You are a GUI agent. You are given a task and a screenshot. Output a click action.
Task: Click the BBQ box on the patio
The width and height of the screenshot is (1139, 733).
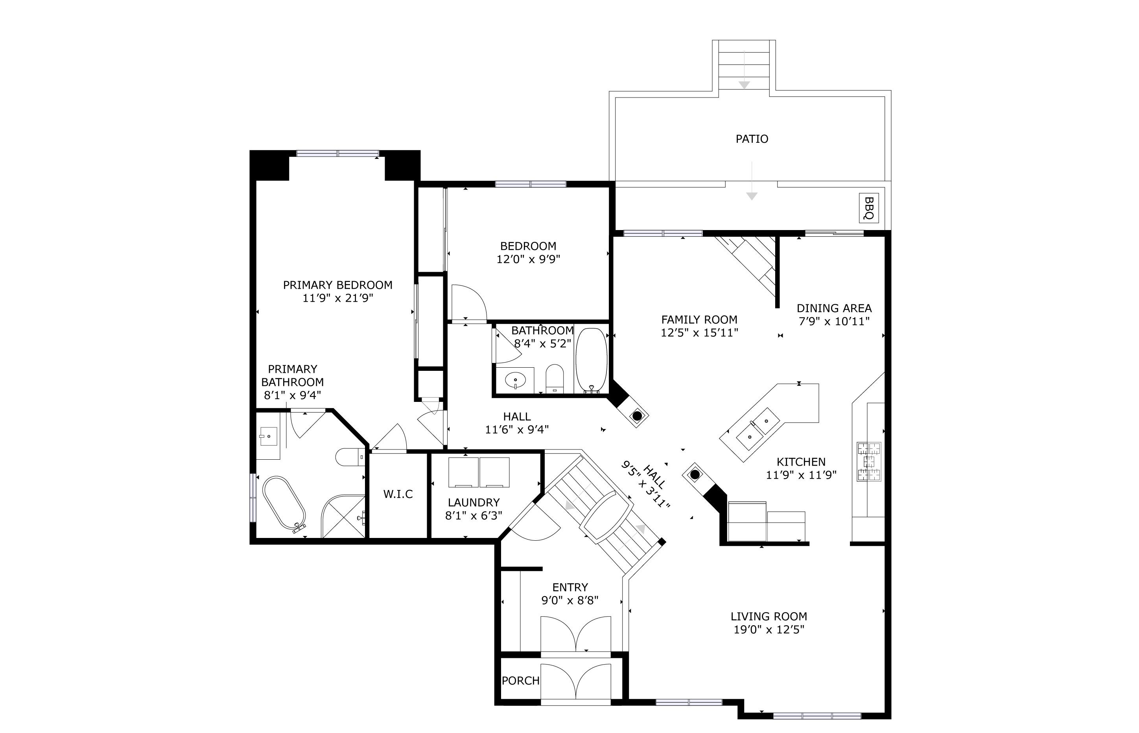pyautogui.click(x=869, y=208)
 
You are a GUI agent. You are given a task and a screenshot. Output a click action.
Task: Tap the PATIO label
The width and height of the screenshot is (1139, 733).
pyautogui.click(x=752, y=139)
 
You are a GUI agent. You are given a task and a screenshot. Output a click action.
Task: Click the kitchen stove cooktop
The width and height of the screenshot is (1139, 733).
pyautogui.click(x=869, y=461)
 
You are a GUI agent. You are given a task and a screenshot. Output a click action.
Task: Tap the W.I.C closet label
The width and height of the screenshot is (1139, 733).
pyautogui.click(x=398, y=494)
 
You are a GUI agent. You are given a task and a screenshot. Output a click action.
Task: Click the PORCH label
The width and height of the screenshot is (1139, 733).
pyautogui.click(x=521, y=681)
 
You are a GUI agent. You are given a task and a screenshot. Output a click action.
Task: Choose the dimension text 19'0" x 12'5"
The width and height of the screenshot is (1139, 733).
pyautogui.click(x=769, y=630)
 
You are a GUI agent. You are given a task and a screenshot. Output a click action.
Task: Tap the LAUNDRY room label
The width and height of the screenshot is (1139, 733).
pyautogui.click(x=474, y=502)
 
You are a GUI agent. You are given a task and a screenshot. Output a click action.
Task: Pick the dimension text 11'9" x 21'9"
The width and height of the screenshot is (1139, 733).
pyautogui.click(x=338, y=298)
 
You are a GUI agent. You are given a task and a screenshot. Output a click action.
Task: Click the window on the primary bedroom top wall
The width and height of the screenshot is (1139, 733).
pyautogui.click(x=338, y=153)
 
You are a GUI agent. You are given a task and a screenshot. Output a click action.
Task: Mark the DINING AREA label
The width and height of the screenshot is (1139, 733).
pyautogui.click(x=834, y=308)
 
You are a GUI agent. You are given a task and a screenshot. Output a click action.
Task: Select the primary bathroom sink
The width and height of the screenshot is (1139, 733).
pyautogui.click(x=269, y=436)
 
